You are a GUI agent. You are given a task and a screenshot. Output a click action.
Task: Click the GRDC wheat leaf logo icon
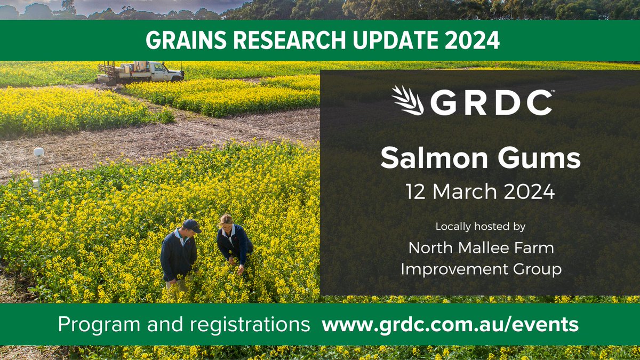click(407, 100)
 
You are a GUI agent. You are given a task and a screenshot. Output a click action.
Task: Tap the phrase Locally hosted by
click(480, 227)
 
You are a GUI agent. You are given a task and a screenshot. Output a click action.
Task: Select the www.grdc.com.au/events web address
click(450, 324)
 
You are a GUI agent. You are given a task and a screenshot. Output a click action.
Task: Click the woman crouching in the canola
click(234, 243)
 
